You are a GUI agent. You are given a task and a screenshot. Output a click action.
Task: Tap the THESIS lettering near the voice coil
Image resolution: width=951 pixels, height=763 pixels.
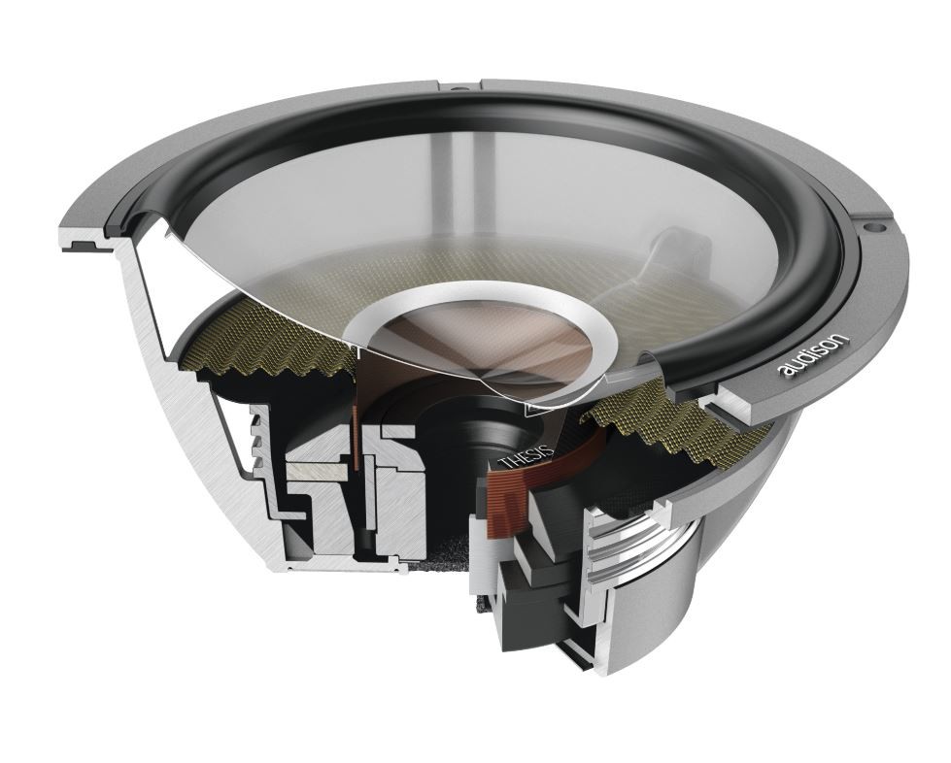pyautogui.click(x=526, y=456)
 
